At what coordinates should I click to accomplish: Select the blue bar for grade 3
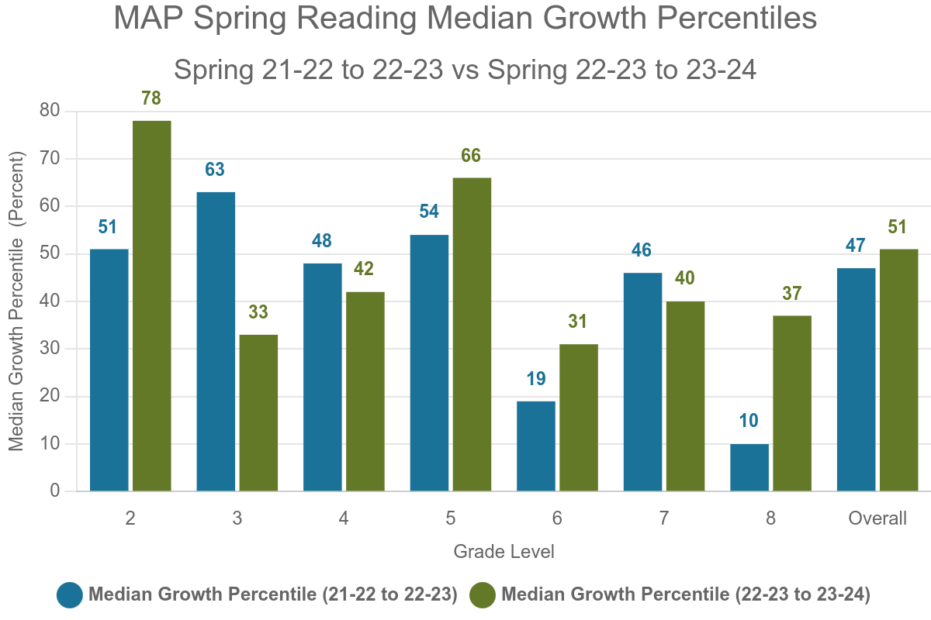[x=216, y=341]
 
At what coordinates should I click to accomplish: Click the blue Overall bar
[x=856, y=380]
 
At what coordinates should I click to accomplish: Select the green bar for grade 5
[x=472, y=334]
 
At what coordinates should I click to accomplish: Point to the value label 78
[x=151, y=98]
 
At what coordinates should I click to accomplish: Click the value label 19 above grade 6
[x=536, y=379]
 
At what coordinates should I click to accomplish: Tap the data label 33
[x=258, y=312]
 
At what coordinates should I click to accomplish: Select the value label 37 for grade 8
[x=792, y=294]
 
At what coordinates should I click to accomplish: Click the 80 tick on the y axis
[x=49, y=111]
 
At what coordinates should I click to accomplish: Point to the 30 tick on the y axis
[x=49, y=349]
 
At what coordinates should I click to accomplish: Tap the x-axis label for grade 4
[x=344, y=518]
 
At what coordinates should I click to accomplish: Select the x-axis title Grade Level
[x=504, y=552]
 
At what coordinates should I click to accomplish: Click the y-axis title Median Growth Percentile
[x=17, y=301]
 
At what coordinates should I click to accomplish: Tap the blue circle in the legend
[x=70, y=594]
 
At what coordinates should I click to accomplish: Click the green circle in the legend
[x=483, y=594]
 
